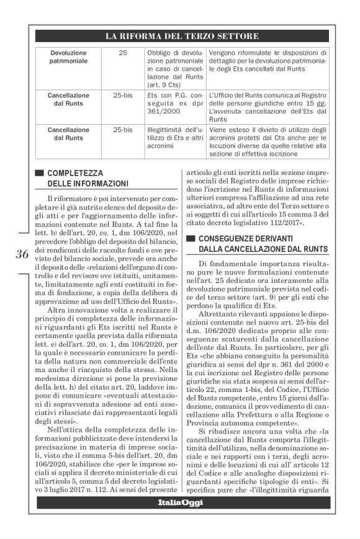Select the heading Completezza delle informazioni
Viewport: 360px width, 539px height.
(x=88, y=178)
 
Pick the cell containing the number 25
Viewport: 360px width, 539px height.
(x=122, y=53)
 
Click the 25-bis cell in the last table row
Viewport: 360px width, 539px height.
(x=122, y=130)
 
